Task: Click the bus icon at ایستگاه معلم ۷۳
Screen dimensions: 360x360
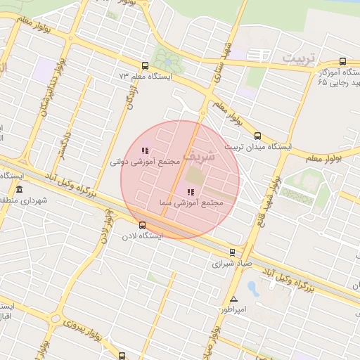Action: coord(145,65)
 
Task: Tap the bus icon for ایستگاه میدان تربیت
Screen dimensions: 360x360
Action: coord(257,136)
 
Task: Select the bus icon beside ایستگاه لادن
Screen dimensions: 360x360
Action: coord(143,226)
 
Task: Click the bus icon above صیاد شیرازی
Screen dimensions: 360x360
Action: coord(232,252)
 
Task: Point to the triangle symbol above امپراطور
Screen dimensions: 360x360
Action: coord(234,299)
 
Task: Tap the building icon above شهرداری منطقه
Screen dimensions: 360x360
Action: coord(18,190)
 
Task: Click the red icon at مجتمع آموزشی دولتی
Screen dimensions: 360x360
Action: coord(145,150)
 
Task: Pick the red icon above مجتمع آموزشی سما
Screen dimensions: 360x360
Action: coord(190,191)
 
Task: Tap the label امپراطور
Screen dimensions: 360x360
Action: coord(232,309)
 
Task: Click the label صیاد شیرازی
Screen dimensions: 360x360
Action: coord(231,264)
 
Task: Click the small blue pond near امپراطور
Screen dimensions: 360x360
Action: coord(252,288)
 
